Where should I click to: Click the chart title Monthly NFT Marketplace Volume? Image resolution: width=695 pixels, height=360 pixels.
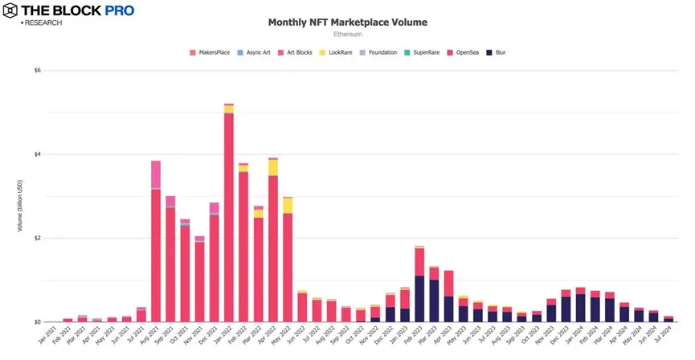(347, 22)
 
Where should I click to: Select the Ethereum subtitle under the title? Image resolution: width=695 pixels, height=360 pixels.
(347, 35)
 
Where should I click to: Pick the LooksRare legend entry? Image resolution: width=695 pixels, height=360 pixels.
(340, 52)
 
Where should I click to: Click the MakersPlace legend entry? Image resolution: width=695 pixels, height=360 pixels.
(211, 52)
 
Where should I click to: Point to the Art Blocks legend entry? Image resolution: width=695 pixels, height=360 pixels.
(297, 52)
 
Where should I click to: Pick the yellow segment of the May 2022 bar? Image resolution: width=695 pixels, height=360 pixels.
(288, 205)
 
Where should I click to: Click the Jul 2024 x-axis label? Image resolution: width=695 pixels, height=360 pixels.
(664, 336)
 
